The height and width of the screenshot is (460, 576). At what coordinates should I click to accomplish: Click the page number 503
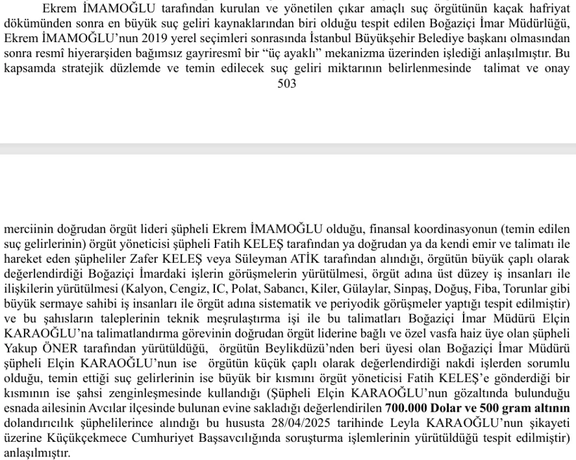click(x=287, y=84)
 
